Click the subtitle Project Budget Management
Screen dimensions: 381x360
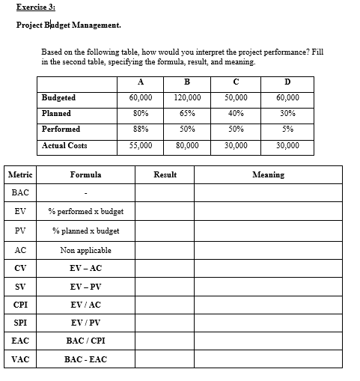click(x=68, y=25)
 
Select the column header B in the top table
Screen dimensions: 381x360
click(x=185, y=82)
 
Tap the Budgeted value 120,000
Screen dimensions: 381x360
click(x=185, y=98)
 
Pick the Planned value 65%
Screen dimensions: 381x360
click(x=185, y=114)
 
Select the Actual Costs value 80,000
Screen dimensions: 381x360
click(x=185, y=145)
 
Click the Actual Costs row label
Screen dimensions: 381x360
click(x=64, y=145)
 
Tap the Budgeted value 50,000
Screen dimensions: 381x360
click(x=237, y=98)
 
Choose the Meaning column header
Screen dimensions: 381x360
click(x=268, y=174)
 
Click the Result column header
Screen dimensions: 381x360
click(x=165, y=174)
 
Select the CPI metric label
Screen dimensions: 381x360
click(x=20, y=305)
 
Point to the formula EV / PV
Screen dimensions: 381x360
click(x=85, y=323)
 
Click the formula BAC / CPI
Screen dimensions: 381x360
click(x=85, y=341)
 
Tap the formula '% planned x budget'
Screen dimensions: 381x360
click(x=85, y=231)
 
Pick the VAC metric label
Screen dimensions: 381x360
click(x=20, y=359)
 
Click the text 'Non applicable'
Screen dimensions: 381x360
click(x=85, y=250)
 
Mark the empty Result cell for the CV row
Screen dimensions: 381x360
click(x=165, y=268)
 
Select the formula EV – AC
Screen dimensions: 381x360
click(x=85, y=268)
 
